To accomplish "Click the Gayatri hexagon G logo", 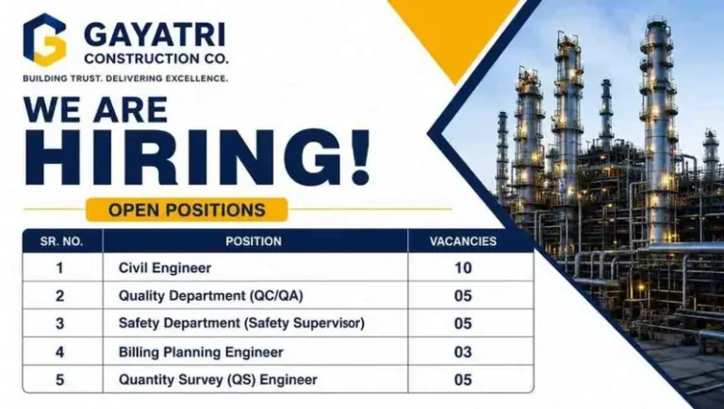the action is [45, 40].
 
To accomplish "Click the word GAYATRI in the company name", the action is [156, 36].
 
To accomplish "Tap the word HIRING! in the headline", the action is [197, 157].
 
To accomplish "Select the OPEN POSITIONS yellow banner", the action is [187, 210].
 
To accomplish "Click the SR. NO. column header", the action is [61, 241].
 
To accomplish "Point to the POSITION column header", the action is [254, 241].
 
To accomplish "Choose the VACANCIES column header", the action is [463, 241].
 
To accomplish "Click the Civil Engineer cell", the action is [165, 268].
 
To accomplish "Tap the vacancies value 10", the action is [463, 268].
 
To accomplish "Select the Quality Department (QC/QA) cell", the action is [211, 295].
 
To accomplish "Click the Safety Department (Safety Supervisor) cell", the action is [241, 323].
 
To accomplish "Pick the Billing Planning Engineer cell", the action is [201, 352].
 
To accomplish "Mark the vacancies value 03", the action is [463, 352].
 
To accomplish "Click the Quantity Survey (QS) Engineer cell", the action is [218, 380].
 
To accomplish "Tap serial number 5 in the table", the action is [59, 380].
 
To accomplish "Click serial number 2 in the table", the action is [59, 296].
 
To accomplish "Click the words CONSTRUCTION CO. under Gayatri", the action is [156, 59].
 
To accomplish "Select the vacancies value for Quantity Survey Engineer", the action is [463, 380].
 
